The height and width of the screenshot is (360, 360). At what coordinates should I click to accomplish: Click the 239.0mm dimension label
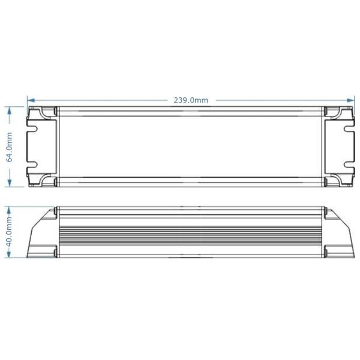[x=191, y=100]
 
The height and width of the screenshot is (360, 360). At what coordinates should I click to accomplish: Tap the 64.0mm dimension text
[x=10, y=148]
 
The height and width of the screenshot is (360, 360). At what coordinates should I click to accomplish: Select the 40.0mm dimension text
[x=9, y=232]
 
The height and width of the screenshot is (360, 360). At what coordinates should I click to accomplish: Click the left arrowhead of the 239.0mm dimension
[x=31, y=100]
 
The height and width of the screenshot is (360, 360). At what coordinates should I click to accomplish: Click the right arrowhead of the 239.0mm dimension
[x=350, y=100]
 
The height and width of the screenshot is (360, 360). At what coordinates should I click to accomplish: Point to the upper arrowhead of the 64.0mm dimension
[x=10, y=111]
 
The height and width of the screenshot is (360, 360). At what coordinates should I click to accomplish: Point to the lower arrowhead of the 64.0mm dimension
[x=10, y=182]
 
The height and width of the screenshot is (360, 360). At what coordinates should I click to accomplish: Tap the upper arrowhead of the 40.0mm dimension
[x=9, y=211]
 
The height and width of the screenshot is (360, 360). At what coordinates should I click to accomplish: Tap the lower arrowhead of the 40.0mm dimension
[x=9, y=253]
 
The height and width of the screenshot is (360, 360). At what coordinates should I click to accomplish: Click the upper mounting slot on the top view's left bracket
[x=32, y=129]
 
